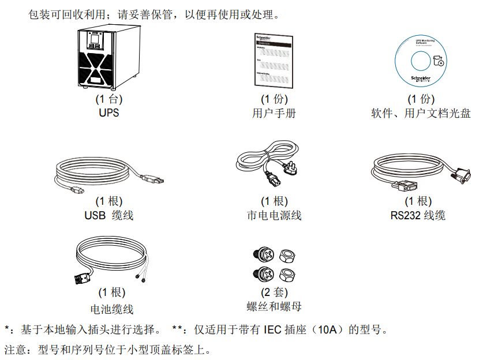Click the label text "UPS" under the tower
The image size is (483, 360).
point(108,113)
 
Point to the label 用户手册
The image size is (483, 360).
point(274,113)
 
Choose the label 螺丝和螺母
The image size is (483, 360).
point(274,306)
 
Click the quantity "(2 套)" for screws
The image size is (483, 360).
point(274,292)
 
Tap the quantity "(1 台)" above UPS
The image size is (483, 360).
point(108,100)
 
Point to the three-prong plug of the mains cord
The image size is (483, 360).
point(294,167)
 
